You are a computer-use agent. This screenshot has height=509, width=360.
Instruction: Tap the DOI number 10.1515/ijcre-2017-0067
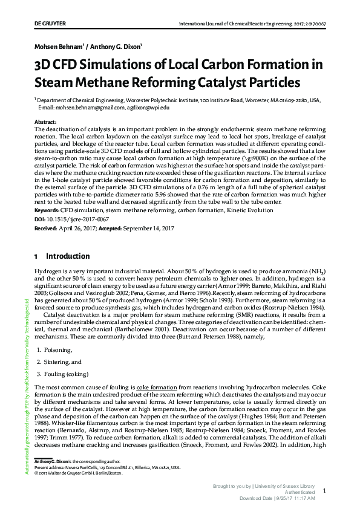click(70, 219)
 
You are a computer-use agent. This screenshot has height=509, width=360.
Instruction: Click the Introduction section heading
click(68, 256)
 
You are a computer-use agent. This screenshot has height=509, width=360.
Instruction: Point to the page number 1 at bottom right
click(325, 491)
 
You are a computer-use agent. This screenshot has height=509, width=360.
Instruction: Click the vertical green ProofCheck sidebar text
click(27, 387)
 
